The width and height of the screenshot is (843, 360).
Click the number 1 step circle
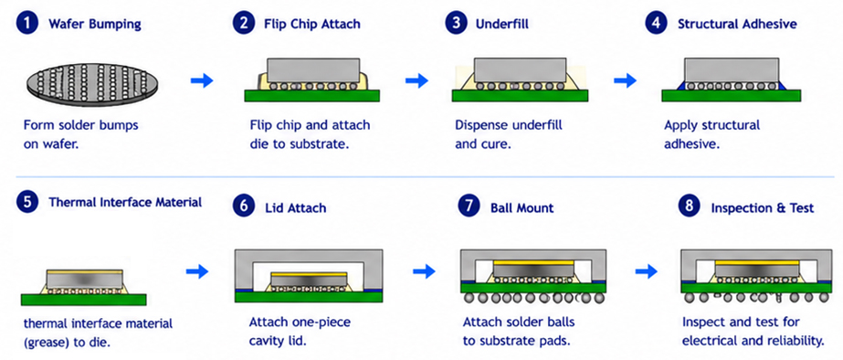(27, 25)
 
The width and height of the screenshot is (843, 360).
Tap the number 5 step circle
(27, 202)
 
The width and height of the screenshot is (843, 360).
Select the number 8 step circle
(690, 206)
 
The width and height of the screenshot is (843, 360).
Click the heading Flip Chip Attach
(312, 25)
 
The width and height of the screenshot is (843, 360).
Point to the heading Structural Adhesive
(737, 25)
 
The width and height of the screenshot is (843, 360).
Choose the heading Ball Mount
(522, 207)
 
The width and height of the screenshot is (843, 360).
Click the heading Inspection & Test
(763, 207)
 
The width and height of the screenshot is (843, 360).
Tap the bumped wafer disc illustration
(92, 82)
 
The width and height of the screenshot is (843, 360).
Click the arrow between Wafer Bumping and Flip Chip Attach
(202, 80)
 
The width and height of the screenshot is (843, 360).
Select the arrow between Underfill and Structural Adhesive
(625, 80)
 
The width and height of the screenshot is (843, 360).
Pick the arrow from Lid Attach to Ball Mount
(424, 271)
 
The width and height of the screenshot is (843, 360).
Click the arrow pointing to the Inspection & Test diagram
(646, 271)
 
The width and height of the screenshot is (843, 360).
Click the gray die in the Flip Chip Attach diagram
(313, 70)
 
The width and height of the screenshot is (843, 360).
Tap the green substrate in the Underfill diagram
(520, 95)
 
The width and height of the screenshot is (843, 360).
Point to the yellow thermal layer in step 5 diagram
(85, 271)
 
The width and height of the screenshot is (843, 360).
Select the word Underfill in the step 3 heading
(502, 25)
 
